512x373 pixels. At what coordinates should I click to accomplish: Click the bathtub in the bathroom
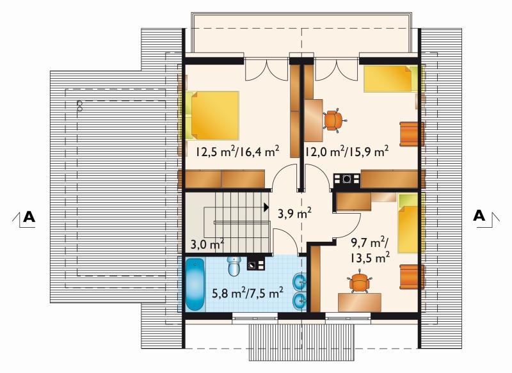[195, 284]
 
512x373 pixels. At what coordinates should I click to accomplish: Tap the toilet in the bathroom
[234, 266]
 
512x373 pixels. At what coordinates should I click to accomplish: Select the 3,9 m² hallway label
[294, 214]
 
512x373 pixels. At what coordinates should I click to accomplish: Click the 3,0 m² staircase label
[207, 244]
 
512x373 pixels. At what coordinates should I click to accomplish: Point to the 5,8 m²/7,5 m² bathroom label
[248, 293]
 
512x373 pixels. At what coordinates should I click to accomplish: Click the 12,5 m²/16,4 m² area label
[237, 152]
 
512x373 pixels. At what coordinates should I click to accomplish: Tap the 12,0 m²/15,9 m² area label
[347, 152]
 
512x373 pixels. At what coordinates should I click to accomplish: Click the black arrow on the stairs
[266, 207]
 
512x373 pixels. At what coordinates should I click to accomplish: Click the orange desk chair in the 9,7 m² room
[359, 282]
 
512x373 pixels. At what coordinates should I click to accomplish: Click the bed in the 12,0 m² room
[391, 79]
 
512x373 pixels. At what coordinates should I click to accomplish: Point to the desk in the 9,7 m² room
[360, 302]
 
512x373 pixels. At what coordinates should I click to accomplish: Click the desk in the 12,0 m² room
[314, 120]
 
